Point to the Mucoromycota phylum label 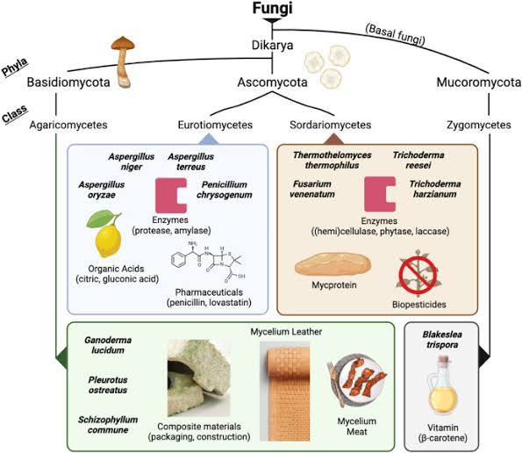pos(475,83)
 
